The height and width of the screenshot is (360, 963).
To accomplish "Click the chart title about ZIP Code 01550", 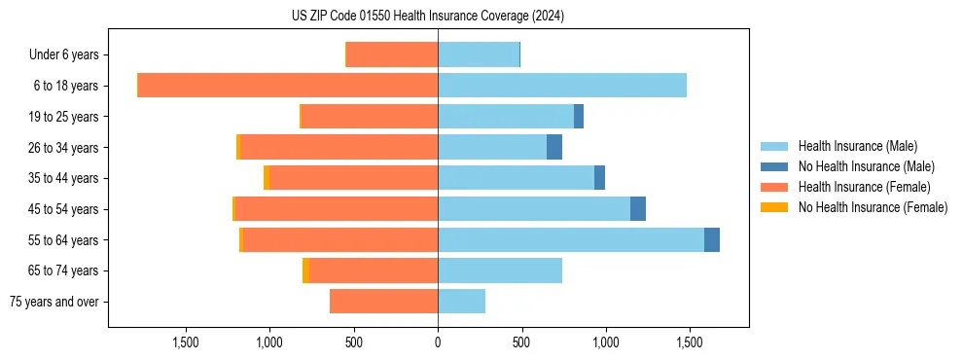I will click(x=428, y=17).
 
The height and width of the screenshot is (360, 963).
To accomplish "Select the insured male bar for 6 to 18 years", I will click(x=561, y=86).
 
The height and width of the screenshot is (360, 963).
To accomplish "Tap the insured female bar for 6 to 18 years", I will click(x=288, y=86).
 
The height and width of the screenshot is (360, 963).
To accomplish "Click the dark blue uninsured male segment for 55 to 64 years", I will click(x=712, y=239).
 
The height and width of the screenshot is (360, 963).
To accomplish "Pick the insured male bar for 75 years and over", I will click(x=461, y=302).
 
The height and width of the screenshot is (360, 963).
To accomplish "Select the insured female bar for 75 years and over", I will click(x=383, y=302).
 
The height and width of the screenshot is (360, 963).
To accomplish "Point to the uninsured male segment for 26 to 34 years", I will click(x=554, y=147).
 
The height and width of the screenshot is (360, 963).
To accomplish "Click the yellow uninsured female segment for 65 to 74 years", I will click(x=305, y=270).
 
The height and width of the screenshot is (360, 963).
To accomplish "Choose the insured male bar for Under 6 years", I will click(x=479, y=54).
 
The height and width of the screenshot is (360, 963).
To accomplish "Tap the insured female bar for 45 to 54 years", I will click(x=336, y=209).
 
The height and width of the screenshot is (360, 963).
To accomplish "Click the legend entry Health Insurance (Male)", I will click(x=857, y=146).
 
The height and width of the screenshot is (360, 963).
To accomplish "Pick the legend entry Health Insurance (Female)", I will click(x=864, y=187).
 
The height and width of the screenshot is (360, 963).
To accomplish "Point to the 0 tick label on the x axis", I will click(x=438, y=342).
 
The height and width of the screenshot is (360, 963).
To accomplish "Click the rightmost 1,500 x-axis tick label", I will click(x=689, y=342).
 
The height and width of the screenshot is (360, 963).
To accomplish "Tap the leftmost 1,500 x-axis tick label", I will click(x=186, y=342).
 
